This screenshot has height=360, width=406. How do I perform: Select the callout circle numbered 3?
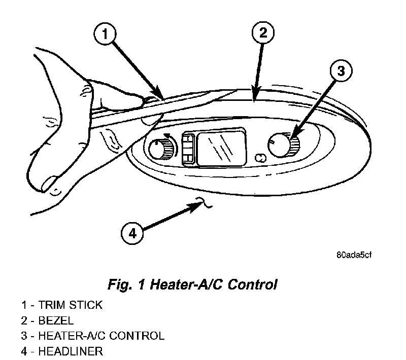pos(341,72)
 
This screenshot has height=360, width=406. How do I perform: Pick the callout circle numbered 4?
pos(132,234)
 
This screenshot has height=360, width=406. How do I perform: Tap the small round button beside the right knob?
pos(260,158)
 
